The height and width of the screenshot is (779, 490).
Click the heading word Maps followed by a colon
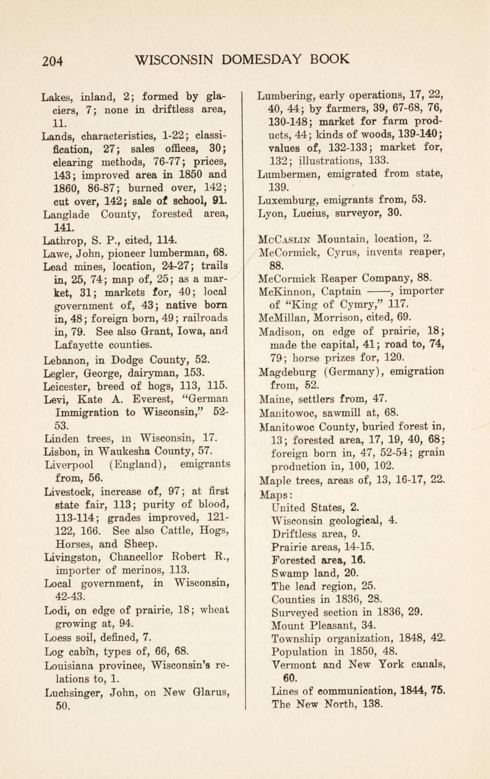point(274,494)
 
